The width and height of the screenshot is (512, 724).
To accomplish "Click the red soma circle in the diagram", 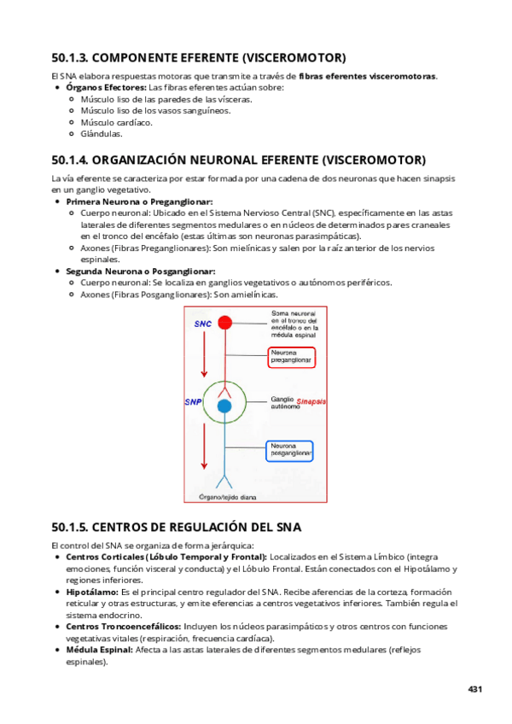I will (224, 323).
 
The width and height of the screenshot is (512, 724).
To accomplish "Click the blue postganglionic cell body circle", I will (224, 406).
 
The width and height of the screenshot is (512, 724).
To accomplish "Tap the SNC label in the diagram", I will (202, 324).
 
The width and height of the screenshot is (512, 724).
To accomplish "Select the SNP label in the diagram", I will (193, 401).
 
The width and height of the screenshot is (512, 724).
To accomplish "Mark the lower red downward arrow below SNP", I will (203, 444).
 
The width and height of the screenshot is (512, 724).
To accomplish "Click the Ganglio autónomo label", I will (285, 402).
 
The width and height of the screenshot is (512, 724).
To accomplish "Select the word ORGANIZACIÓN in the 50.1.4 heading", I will (146, 160).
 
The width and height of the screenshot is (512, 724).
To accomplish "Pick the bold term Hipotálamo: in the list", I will (91, 592).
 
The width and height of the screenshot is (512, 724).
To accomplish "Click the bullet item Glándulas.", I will (102, 133).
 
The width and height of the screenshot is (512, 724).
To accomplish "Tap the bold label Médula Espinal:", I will (98, 650).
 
